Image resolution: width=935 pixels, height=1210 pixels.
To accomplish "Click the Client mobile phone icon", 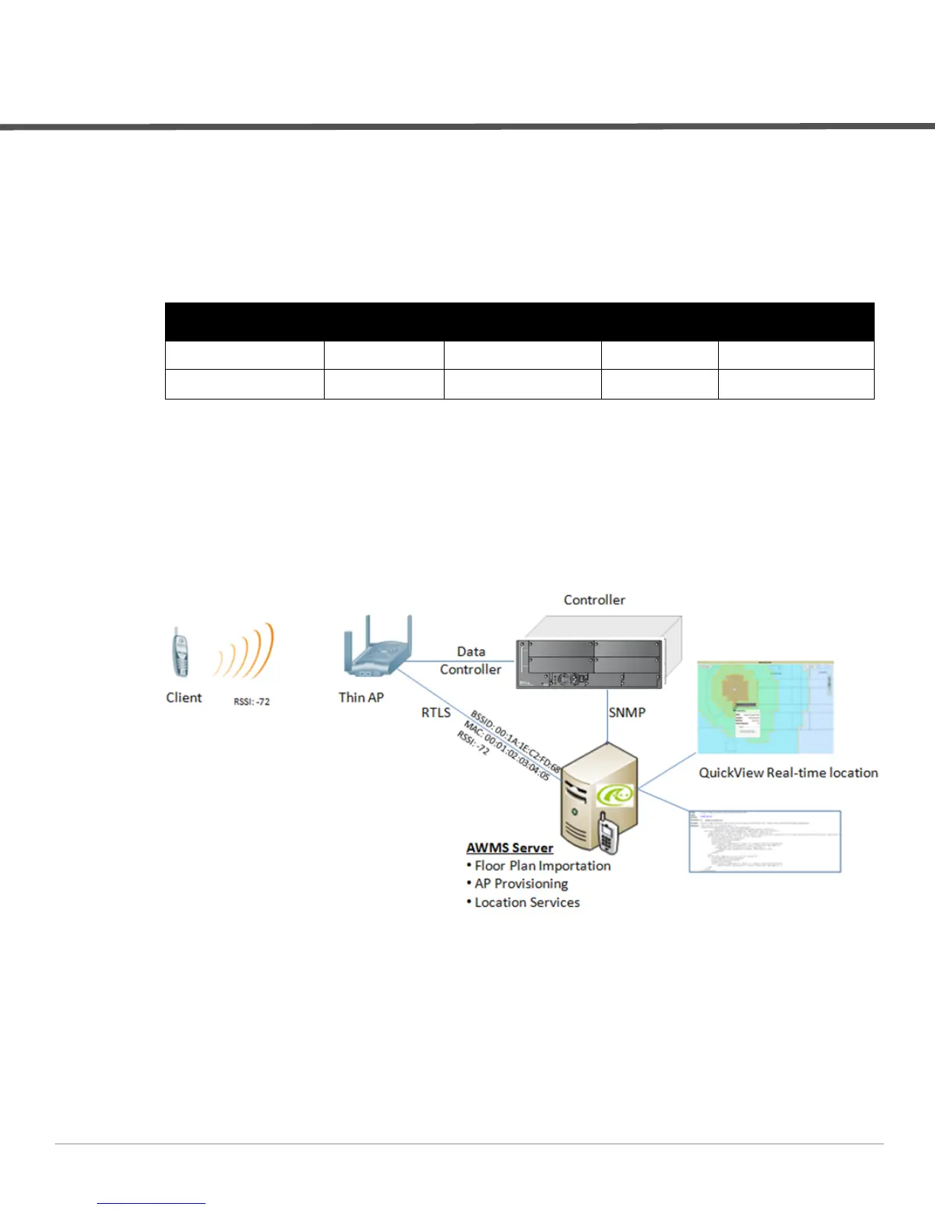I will (179, 652).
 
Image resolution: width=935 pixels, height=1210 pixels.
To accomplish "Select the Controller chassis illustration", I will (597, 653).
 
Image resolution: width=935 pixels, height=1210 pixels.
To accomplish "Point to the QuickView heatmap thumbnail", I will (765, 707).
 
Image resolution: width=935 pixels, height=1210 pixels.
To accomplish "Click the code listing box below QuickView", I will (765, 841).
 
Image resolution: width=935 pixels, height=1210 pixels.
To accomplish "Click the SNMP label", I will (626, 713).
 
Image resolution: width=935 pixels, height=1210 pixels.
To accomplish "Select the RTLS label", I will (435, 713).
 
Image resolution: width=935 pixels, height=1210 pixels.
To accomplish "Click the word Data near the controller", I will (471, 652).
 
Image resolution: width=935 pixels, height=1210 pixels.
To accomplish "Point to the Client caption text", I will (183, 697).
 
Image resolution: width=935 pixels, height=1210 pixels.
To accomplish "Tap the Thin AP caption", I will (361, 697).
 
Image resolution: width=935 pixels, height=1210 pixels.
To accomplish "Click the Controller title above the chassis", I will (594, 600).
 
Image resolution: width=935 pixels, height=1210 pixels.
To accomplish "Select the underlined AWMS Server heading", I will (510, 848).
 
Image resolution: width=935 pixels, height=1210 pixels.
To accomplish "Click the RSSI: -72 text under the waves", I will (251, 701).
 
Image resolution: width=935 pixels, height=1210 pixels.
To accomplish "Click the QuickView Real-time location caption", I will (788, 773).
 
